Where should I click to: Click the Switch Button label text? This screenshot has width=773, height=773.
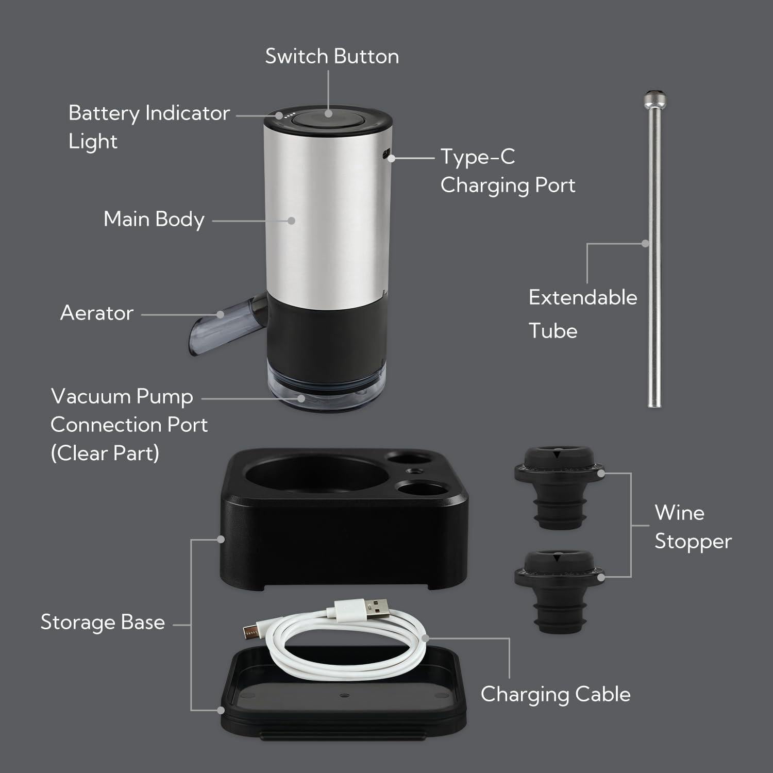point(332,56)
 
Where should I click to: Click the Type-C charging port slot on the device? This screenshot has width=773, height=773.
point(386,153)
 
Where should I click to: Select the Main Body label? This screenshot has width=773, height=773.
point(154,219)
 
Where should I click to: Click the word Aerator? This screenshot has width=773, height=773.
point(97,313)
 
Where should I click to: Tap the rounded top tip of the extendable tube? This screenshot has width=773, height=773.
point(654,98)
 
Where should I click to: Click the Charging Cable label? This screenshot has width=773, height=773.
point(556,694)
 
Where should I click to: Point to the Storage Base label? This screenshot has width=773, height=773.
point(103,622)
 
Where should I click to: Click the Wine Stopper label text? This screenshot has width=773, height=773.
point(693,527)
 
